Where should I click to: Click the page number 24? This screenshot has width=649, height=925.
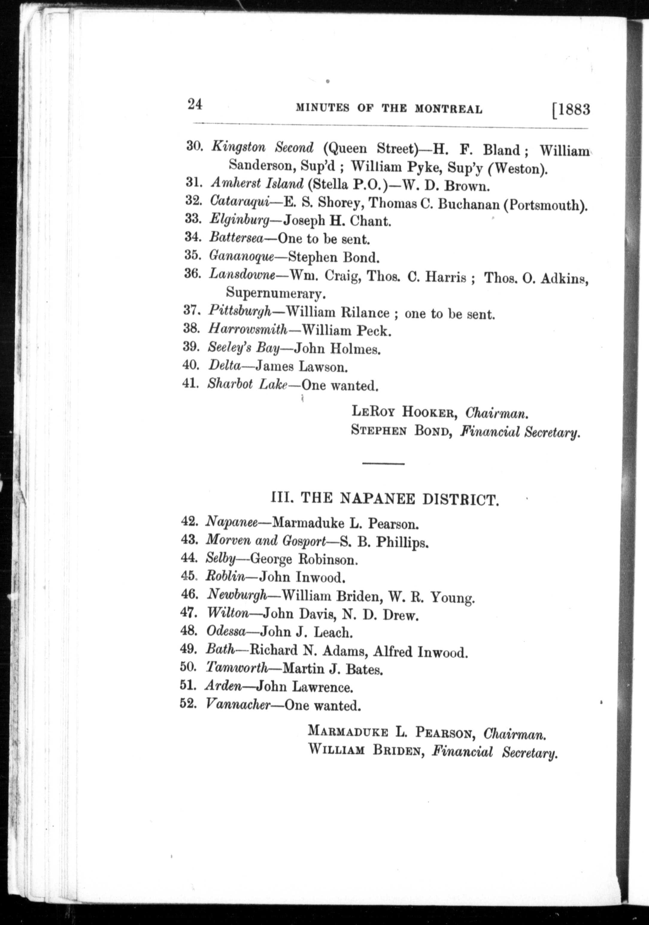pos(195,105)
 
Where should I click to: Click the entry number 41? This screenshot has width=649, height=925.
pos(190,383)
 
